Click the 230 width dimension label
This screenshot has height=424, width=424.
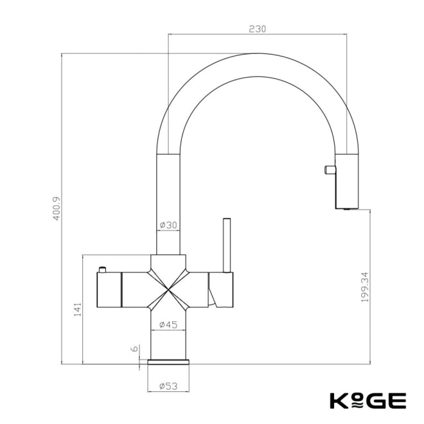257,29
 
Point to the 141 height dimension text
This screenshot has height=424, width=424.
77,310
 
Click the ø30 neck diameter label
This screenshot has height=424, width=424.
168,225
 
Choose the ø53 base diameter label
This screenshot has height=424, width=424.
168,386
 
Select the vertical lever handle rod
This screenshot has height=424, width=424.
225,244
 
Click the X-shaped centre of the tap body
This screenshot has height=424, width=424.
168,289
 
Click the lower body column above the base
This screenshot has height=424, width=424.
168,337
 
